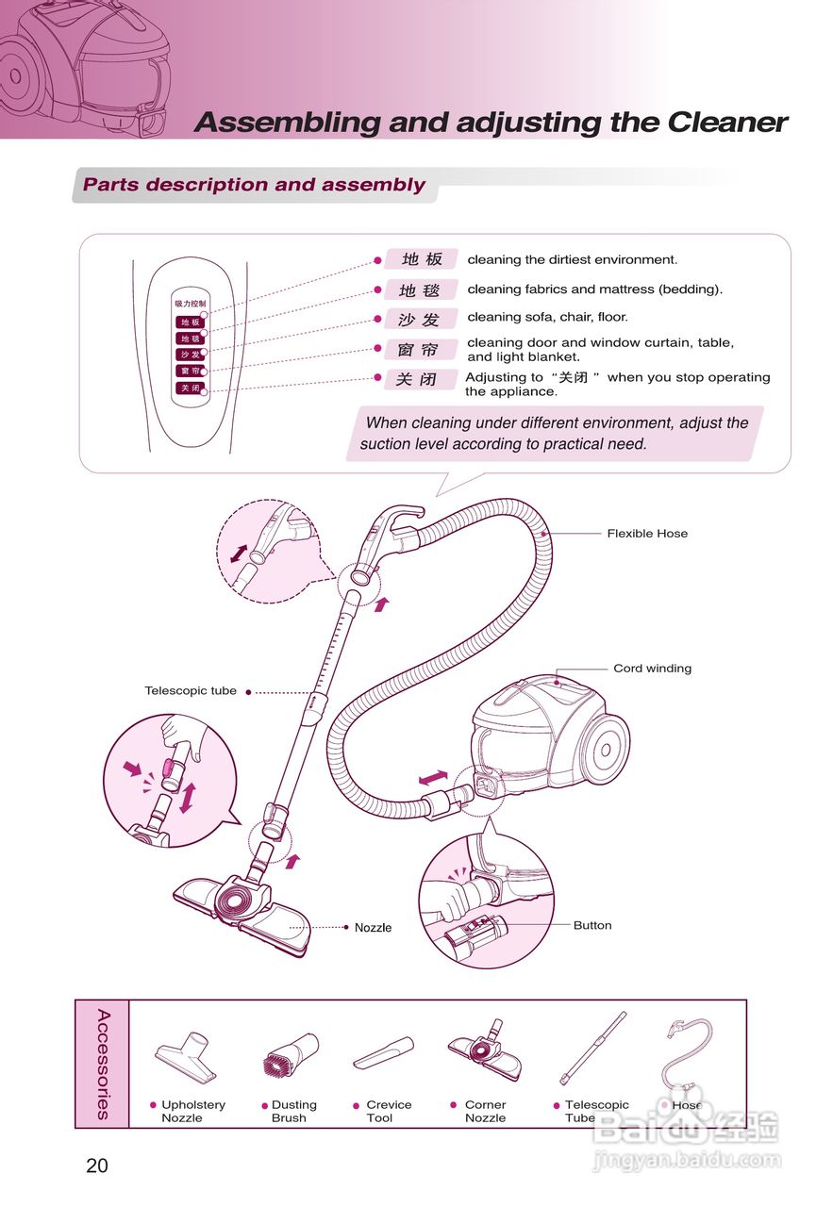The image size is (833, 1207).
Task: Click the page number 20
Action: (x=97, y=1166)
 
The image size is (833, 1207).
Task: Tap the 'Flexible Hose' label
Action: (x=647, y=534)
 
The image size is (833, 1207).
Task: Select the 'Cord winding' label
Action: (x=652, y=669)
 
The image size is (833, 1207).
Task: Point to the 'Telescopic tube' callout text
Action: (x=191, y=691)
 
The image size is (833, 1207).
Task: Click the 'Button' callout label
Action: (x=592, y=925)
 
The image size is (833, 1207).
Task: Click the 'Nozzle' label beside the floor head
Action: (x=373, y=928)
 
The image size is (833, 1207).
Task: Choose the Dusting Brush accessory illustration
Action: (x=290, y=1055)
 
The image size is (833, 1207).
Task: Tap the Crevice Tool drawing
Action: (x=384, y=1052)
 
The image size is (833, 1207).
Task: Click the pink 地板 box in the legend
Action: (x=421, y=259)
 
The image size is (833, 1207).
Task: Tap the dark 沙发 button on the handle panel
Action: (x=190, y=355)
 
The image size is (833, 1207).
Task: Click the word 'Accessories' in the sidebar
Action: (x=103, y=1064)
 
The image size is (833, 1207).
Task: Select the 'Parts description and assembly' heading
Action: (x=254, y=185)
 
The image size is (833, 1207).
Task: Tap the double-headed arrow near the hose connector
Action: (x=433, y=778)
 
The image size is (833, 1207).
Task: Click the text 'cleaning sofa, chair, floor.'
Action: (x=547, y=318)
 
